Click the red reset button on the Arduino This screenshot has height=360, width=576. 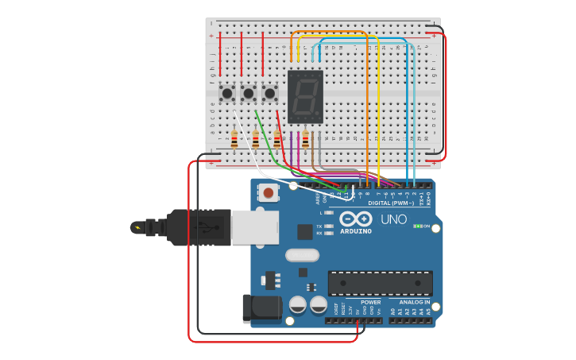[269, 192]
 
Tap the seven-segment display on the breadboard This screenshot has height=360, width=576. [305, 97]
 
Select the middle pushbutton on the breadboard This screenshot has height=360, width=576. [249, 94]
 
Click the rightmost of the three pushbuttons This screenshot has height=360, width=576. [270, 94]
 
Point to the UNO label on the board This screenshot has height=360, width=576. [393, 219]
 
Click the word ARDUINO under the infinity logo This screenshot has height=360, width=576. [355, 231]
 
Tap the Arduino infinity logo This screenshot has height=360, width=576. [355, 219]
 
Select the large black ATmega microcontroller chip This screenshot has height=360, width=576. [381, 283]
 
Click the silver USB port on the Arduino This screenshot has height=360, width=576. [255, 226]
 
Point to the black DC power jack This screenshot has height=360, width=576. [261, 308]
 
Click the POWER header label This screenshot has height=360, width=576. [370, 302]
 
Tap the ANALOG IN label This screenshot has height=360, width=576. [414, 302]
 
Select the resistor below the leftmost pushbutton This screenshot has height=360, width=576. [234, 140]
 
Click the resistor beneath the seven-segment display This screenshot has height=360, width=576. [306, 139]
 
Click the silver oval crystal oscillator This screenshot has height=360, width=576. [301, 256]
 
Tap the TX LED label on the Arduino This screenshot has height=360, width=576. [319, 226]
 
